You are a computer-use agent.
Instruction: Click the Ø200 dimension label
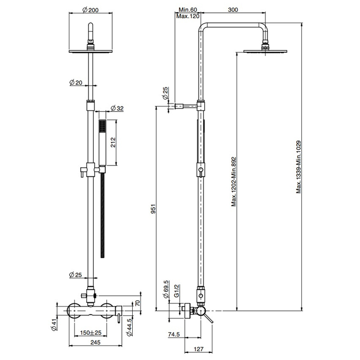coord(91,10)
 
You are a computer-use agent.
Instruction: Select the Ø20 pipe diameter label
coord(76,82)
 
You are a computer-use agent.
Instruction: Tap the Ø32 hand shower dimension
coord(117,108)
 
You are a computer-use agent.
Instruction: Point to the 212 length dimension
coord(113,142)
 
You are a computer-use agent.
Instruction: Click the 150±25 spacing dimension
coord(91,332)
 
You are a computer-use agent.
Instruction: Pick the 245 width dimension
coord(95,343)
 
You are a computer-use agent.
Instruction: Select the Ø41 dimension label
coord(54,325)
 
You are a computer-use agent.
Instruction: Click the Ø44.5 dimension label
coord(130,327)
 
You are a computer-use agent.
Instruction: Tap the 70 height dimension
coord(137,303)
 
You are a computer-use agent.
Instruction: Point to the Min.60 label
coord(188,10)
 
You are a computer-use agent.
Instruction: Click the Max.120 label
coord(188,16)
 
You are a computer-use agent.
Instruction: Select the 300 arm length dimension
coord(233,10)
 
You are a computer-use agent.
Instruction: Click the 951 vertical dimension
coord(153,208)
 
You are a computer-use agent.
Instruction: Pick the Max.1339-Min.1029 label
coord(298,167)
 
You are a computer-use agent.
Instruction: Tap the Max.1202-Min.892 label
coord(233,182)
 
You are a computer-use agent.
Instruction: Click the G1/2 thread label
coord(176,291)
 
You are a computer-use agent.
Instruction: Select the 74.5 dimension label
coord(174,334)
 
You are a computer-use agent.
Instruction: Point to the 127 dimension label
coord(199,349)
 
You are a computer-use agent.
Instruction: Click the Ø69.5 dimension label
coord(166,289)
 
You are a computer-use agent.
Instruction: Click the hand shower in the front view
coord(102,142)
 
